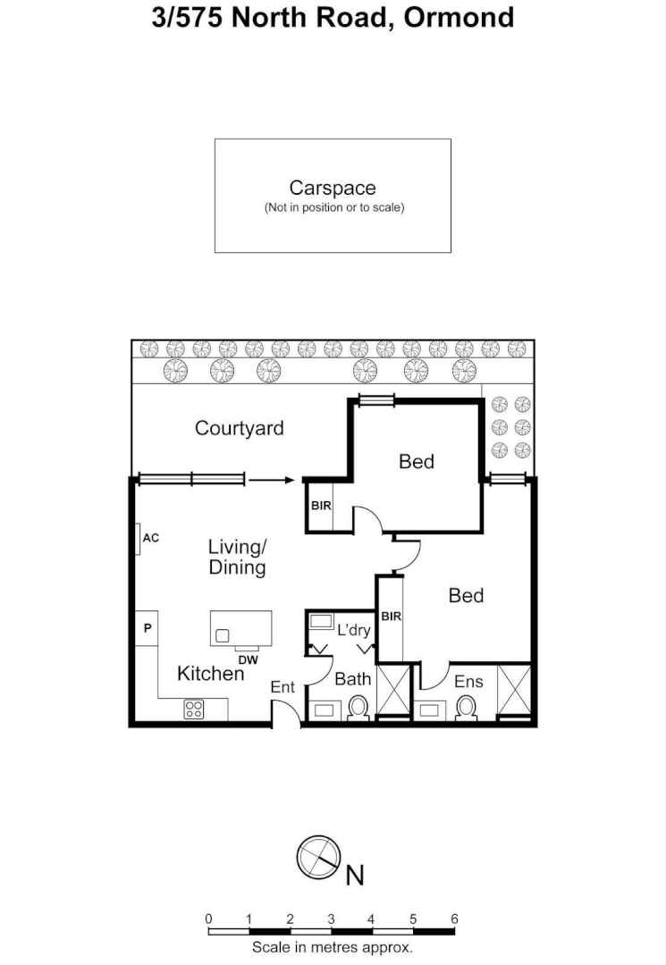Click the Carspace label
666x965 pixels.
333,188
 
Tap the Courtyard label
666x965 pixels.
240,428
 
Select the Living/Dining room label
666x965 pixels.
237,557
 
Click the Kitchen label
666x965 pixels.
210,674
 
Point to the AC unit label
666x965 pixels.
150,538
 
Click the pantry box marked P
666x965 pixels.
148,628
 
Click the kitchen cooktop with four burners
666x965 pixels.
195,709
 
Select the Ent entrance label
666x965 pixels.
282,687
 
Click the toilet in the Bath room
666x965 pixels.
359,708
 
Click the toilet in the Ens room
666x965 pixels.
466,708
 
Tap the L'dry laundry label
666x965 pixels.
353,630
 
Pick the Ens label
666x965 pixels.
468,682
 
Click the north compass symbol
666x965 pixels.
319,858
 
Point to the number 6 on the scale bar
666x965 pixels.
454,919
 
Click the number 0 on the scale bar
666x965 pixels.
208,919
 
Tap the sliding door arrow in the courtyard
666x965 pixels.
272,481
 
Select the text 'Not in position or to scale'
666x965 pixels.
333,207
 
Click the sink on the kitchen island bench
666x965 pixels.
222,635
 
